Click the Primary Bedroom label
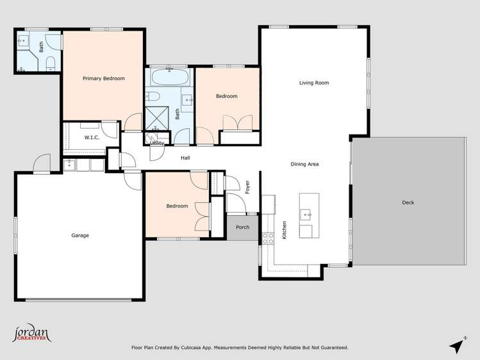click(103, 79)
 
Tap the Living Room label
click(314, 83)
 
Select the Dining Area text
click(304, 164)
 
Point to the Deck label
click(408, 202)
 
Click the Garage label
click(80, 235)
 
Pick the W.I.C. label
click(92, 138)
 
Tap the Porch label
click(242, 227)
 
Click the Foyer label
click(247, 187)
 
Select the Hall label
click(185, 158)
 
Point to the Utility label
click(157, 143)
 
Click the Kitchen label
click(285, 230)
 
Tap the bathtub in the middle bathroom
click(169, 77)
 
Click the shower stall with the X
click(157, 119)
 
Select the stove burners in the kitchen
click(268, 238)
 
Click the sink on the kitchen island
click(306, 215)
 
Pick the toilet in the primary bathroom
click(50, 63)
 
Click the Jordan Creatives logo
click(31, 333)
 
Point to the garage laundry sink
click(69, 165)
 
